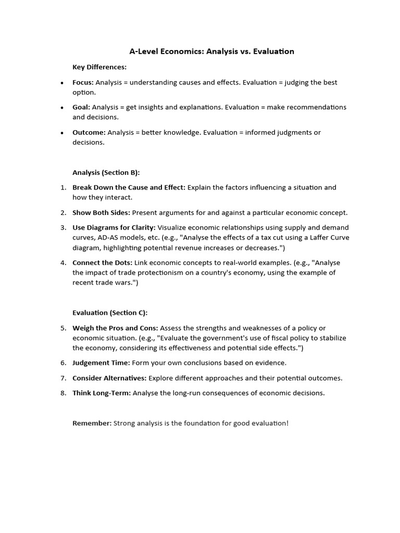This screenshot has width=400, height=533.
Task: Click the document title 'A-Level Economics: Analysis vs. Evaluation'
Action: click(x=211, y=52)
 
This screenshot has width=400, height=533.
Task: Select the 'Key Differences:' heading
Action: click(x=99, y=67)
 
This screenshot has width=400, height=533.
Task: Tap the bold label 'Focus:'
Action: click(x=83, y=82)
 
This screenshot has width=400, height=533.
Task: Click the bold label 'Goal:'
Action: click(x=81, y=107)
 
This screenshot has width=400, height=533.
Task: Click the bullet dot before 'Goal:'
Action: click(x=62, y=108)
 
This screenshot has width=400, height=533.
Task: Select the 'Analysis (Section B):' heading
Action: click(x=106, y=172)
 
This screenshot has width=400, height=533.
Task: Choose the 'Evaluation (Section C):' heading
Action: click(x=110, y=313)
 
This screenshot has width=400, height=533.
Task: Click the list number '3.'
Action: click(x=63, y=227)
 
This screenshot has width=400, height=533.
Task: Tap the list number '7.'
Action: click(x=63, y=378)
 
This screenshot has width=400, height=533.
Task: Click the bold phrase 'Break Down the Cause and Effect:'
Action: click(x=129, y=187)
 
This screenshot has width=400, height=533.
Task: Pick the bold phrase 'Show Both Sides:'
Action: click(x=102, y=212)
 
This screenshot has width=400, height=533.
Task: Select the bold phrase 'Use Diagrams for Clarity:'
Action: click(x=114, y=227)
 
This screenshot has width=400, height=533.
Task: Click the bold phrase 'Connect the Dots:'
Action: click(x=103, y=263)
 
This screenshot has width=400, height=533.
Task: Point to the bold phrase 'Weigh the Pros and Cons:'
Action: click(x=115, y=328)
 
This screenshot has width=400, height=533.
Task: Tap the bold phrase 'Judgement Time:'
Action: click(x=101, y=363)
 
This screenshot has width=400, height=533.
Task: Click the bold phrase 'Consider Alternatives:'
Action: click(x=110, y=378)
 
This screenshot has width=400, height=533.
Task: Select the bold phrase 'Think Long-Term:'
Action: click(x=102, y=393)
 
